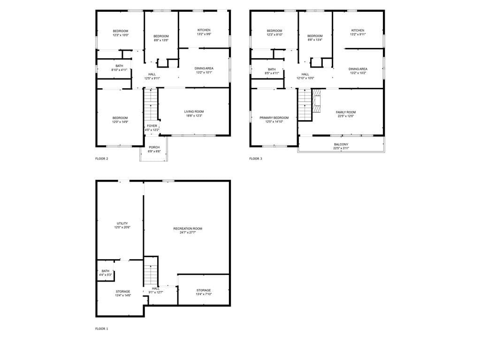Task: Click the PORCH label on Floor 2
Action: pyautogui.click(x=154, y=147)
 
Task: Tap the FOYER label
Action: pyautogui.click(x=152, y=126)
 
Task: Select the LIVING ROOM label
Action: pyautogui.click(x=194, y=111)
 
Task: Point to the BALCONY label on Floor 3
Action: pyautogui.click(x=341, y=144)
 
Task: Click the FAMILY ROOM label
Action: pyautogui.click(x=345, y=112)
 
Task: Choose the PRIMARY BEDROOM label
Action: pyautogui.click(x=274, y=117)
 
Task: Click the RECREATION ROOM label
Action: pyautogui.click(x=188, y=229)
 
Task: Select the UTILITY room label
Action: pyautogui.click(x=122, y=223)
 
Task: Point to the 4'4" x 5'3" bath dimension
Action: pyautogui.click(x=105, y=275)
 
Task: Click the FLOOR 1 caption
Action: pyautogui.click(x=102, y=329)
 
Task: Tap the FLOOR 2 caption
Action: pyautogui.click(x=102, y=159)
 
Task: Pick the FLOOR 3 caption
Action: pyautogui.click(x=256, y=159)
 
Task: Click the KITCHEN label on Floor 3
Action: pyautogui.click(x=358, y=30)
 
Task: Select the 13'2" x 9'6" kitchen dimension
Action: pyautogui.click(x=204, y=34)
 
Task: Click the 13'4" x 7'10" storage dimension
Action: pyautogui.click(x=204, y=294)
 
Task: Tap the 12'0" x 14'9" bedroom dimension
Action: pyautogui.click(x=120, y=122)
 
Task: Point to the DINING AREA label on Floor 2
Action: pyautogui.click(x=204, y=69)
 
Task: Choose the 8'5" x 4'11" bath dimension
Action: pyautogui.click(x=272, y=73)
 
